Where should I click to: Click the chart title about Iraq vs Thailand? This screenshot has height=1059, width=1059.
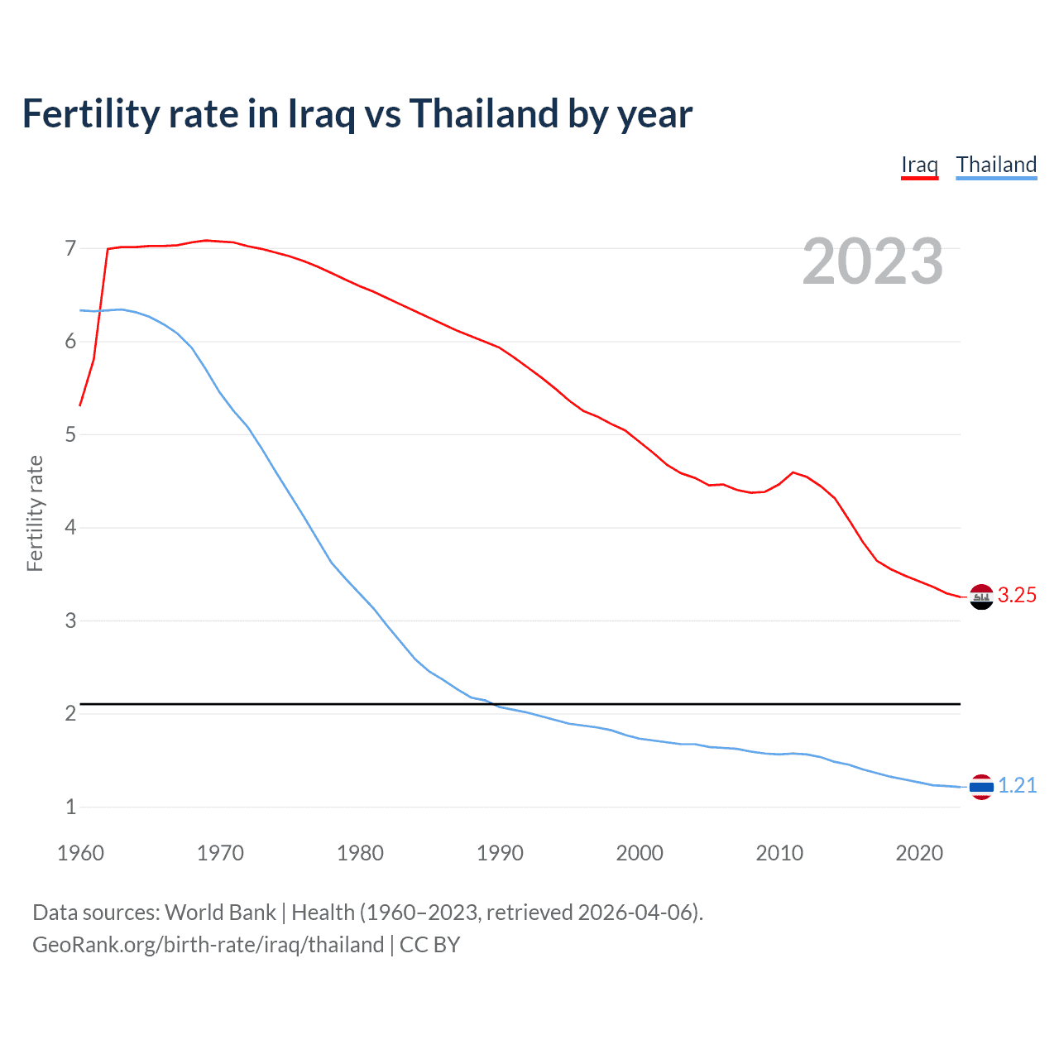(x=357, y=114)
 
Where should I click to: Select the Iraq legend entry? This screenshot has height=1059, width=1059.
(x=919, y=165)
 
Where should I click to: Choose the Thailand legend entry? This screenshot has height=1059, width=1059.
(x=996, y=165)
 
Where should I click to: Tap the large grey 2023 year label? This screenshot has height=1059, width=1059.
(x=872, y=261)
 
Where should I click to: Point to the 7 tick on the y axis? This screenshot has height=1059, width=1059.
(x=70, y=248)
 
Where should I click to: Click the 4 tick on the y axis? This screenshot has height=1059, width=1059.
(x=70, y=527)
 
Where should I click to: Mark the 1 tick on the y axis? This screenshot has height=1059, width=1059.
(x=70, y=807)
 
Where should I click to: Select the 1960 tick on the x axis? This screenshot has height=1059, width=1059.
(x=80, y=853)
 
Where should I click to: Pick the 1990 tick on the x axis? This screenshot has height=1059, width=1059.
(x=500, y=853)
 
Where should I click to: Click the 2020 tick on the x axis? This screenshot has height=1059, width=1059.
(x=919, y=853)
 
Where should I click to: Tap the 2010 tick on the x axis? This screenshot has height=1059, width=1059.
(x=779, y=853)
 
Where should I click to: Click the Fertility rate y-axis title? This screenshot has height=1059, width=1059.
(x=35, y=513)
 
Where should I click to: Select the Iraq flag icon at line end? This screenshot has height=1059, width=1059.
(x=981, y=597)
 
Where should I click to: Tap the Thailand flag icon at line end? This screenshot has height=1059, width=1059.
(x=981, y=787)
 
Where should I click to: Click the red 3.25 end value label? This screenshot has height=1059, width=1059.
(x=1017, y=596)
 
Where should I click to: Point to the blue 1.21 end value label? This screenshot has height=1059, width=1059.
(x=1017, y=786)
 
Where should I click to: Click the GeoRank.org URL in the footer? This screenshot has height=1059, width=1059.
(x=208, y=945)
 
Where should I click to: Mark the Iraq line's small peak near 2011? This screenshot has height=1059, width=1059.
(x=793, y=472)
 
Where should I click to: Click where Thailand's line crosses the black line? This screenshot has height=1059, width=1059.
(x=494, y=704)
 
